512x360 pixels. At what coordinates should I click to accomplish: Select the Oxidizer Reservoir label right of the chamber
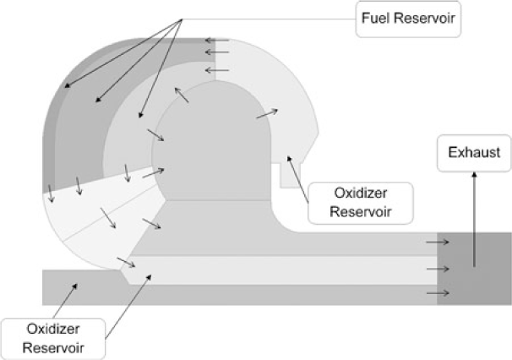coord(350,202)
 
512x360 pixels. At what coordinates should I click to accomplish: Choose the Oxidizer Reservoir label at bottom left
coord(53,335)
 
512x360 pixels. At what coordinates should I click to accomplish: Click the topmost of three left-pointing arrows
coord(216,41)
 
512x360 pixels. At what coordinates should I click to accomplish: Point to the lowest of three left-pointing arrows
coord(216,69)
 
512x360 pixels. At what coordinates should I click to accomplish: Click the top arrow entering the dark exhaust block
coord(438,243)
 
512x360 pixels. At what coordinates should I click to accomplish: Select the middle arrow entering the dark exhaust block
coord(438,270)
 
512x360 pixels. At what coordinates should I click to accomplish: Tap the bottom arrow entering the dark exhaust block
coord(438,293)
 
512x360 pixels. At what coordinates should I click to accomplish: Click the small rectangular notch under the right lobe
coord(290,177)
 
